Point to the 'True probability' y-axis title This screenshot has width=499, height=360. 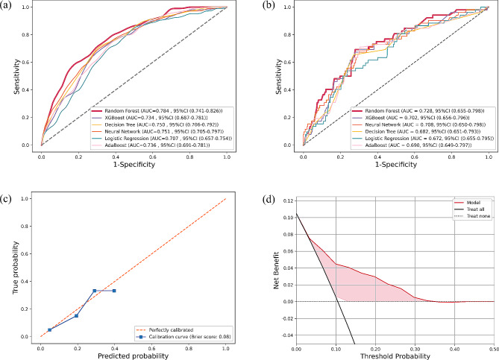[12, 270]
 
